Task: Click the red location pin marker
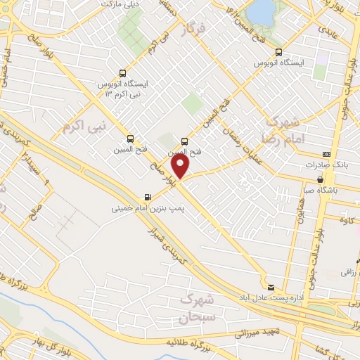click(181, 166)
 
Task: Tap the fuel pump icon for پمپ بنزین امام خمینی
click(147, 197)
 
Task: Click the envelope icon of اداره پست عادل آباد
click(271, 285)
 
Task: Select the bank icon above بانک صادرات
click(326, 153)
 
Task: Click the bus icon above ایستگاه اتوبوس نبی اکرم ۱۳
click(123, 72)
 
